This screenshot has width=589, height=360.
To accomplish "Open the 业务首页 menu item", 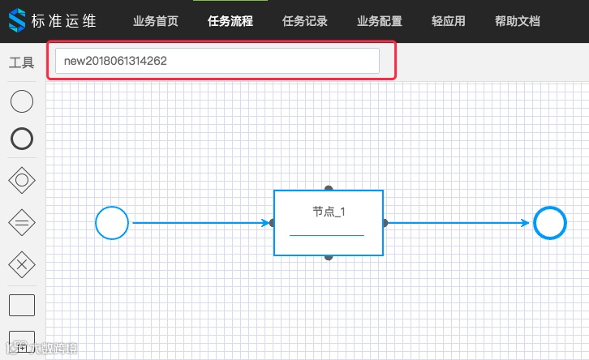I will [156, 21].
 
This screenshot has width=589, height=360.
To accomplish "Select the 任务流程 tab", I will [230, 21].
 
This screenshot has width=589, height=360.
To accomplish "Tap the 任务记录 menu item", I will [305, 21].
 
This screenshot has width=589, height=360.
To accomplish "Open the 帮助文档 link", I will [517, 21].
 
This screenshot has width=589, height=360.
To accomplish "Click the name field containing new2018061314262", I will [217, 61].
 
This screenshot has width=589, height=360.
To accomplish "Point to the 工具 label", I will [21, 62].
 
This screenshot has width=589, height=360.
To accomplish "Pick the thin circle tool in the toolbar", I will [22, 101].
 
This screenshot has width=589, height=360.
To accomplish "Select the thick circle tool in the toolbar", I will [22, 139].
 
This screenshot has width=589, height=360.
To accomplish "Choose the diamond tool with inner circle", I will [22, 180].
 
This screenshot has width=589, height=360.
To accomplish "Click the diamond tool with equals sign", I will [22, 221].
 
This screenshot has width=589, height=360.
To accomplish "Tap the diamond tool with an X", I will [22, 263].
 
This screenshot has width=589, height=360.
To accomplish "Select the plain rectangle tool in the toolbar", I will [22, 305].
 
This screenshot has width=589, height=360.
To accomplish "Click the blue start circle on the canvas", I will [112, 223].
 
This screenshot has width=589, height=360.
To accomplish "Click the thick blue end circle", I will [550, 223].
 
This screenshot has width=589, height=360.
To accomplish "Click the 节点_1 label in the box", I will [329, 212].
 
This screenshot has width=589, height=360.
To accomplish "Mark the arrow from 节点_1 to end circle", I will [458, 223].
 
